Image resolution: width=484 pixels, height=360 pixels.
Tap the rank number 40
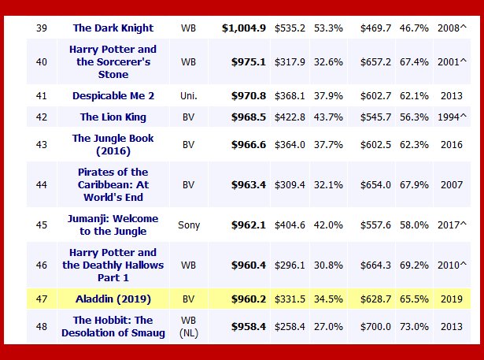coord(42,62)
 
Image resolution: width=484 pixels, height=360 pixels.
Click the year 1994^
coord(454,117)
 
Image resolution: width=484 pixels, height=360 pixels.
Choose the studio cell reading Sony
coord(188,225)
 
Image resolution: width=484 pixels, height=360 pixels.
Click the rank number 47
coord(42,299)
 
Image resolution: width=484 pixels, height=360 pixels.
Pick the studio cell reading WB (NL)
coord(188,326)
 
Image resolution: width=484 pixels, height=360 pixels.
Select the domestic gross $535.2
coord(290,28)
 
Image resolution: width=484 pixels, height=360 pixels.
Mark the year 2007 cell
coord(451,184)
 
